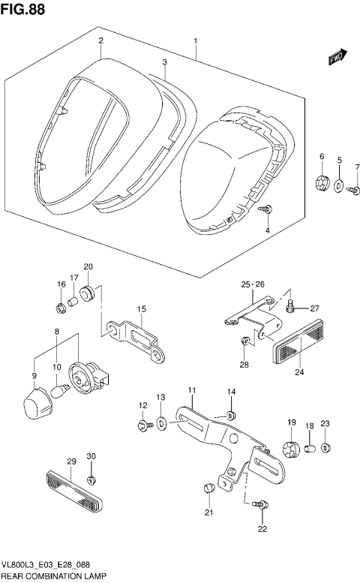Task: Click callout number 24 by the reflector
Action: pos(299,371)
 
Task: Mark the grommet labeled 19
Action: pos(289,449)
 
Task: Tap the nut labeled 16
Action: pos(60,306)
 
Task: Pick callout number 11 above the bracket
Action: pos(191,389)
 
